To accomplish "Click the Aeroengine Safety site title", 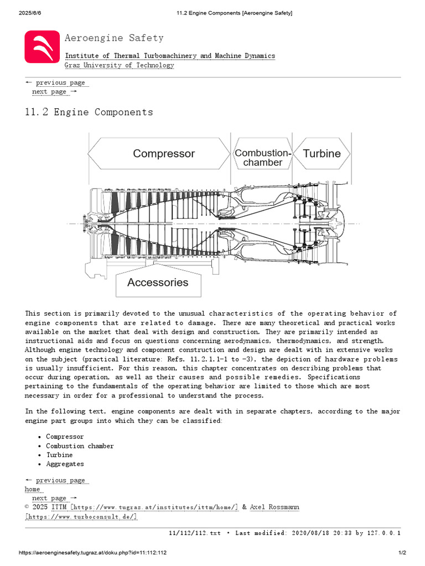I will pyautogui.click(x=114, y=38).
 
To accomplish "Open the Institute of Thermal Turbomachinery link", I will pyautogui.click(x=170, y=56).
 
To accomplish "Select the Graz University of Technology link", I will pyautogui.click(x=119, y=65).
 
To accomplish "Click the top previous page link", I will pyautogui.click(x=55, y=83).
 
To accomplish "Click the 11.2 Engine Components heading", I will pyautogui.click(x=89, y=112).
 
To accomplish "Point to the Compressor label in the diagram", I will pyautogui.click(x=164, y=154).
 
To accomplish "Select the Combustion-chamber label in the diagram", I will pyautogui.click(x=262, y=158).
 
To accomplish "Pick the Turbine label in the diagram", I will pyautogui.click(x=322, y=154).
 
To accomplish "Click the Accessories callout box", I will pyautogui.click(x=158, y=282).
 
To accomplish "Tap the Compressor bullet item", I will pyautogui.click(x=65, y=437).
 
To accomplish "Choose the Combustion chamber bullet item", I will pyautogui.click(x=80, y=446).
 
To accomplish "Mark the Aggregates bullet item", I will pyautogui.click(x=65, y=464).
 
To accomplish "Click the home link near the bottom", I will pyautogui.click(x=33, y=489).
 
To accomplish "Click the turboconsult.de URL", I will pyautogui.click(x=81, y=516).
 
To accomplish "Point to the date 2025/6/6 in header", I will pyautogui.click(x=29, y=13).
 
